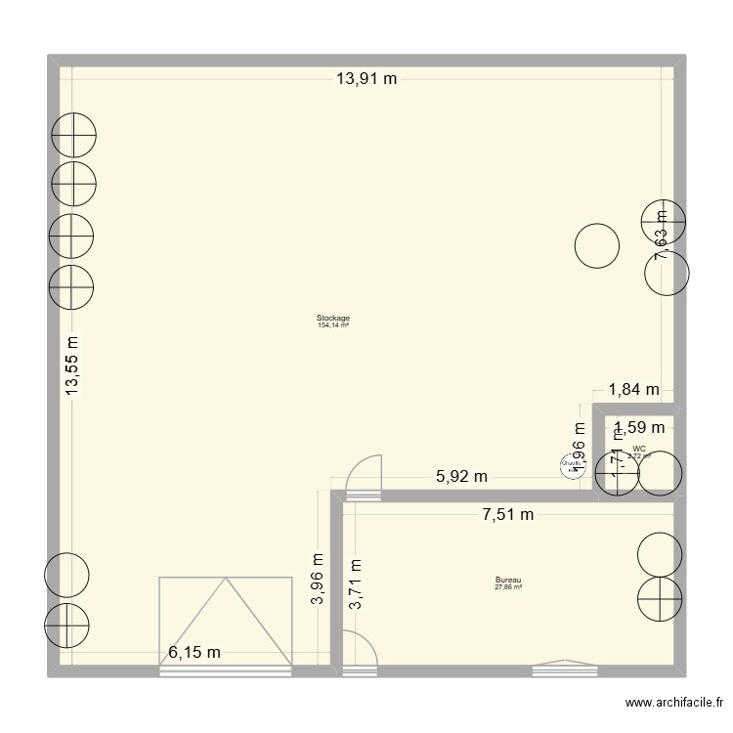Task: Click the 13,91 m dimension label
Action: click(x=366, y=80)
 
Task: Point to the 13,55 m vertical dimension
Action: click(x=72, y=366)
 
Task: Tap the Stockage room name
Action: click(x=333, y=319)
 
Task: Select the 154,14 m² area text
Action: click(x=333, y=325)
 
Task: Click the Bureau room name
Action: click(x=508, y=581)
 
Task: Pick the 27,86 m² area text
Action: click(x=508, y=587)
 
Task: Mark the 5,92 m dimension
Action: click(x=461, y=477)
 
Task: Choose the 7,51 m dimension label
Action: click(x=507, y=515)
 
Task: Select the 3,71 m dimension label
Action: click(x=355, y=584)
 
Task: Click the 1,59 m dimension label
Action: click(x=639, y=427)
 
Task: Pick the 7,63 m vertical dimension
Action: click(x=662, y=235)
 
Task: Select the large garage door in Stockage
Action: click(x=226, y=622)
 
